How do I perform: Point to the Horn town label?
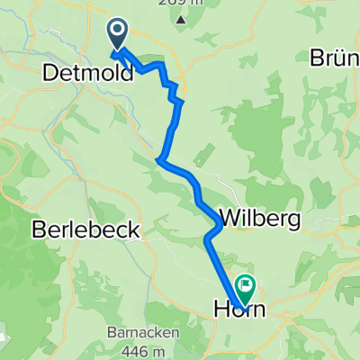pyautogui.click(x=242, y=309)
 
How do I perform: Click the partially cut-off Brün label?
pyautogui.click(x=335, y=58)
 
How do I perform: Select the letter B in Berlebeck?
pyautogui.click(x=38, y=229)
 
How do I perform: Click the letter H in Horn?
pyautogui.click(x=222, y=309)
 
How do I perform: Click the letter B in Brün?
pyautogui.click(x=317, y=58)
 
